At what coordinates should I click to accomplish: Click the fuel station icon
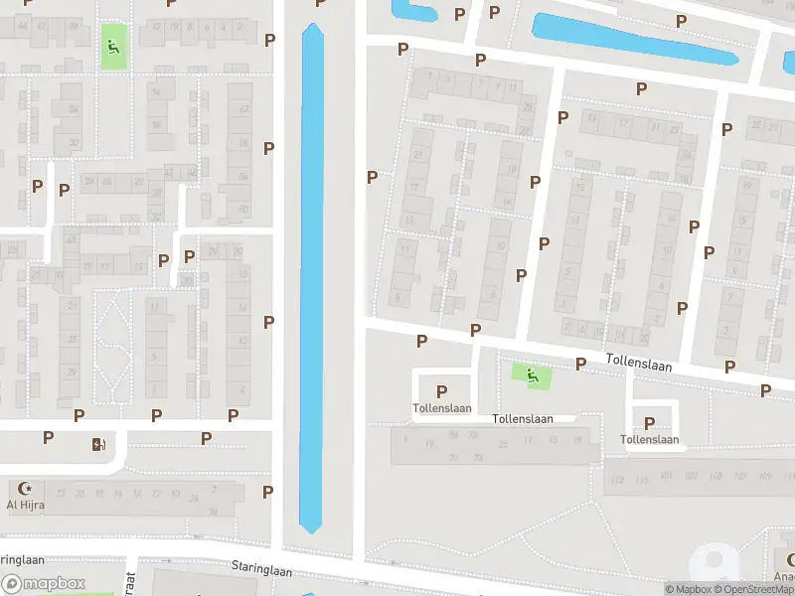[97, 444]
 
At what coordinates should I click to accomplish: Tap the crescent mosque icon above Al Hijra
[26, 489]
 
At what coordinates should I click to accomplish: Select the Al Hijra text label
[26, 505]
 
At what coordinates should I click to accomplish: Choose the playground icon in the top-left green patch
[113, 46]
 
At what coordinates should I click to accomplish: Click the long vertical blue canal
[312, 278]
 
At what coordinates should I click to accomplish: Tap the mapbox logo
[44, 584]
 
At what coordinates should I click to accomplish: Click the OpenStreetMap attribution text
[756, 589]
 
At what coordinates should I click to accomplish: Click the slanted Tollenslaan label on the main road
[639, 366]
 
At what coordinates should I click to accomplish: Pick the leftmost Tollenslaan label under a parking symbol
[441, 408]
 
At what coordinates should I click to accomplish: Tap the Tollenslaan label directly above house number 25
[522, 419]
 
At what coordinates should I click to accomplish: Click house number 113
[617, 481]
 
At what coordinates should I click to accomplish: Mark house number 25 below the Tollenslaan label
[503, 443]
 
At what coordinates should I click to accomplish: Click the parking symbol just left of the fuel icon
[48, 437]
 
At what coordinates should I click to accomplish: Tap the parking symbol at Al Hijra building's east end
[267, 492]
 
